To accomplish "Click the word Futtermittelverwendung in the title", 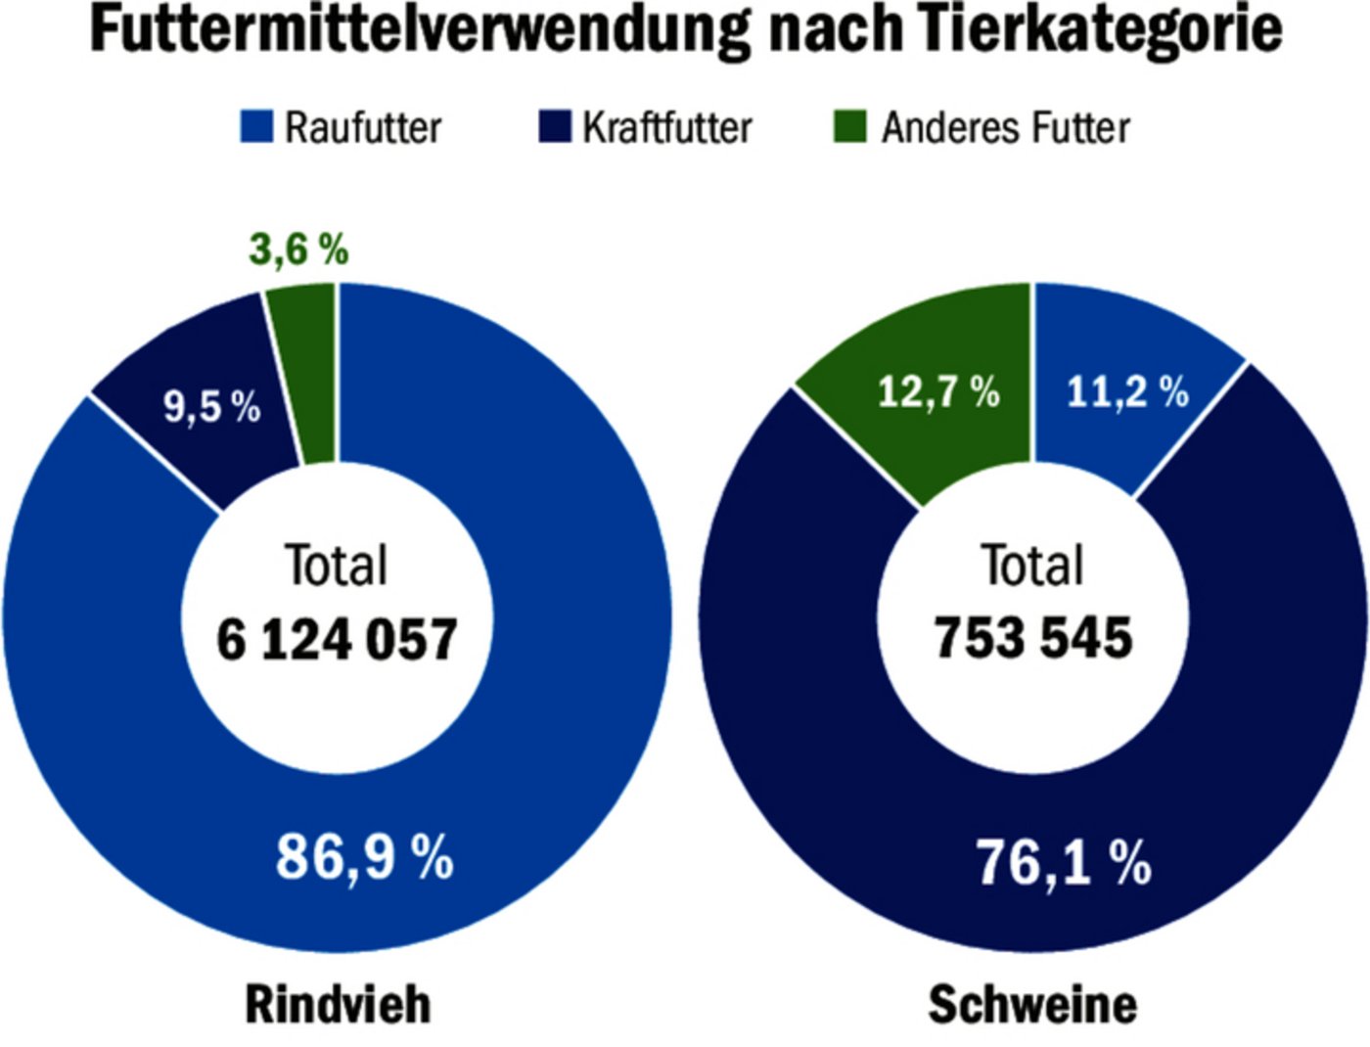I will (421, 29).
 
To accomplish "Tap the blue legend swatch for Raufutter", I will (256, 127).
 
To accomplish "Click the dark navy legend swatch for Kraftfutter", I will (555, 127).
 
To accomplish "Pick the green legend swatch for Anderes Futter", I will (849, 127).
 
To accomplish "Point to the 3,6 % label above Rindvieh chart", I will (298, 250).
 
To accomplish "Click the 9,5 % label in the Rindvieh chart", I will (211, 405).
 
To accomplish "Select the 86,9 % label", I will (364, 857).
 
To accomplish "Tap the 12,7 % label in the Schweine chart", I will (937, 392).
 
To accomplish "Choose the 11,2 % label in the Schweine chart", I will (1127, 392).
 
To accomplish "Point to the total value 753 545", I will (1033, 638).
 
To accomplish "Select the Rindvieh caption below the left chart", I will (338, 1004).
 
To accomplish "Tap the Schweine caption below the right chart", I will (1032, 1004).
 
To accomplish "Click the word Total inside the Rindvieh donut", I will (336, 566).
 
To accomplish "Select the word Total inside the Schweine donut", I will (1032, 566).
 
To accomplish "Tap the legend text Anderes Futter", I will (1006, 127).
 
